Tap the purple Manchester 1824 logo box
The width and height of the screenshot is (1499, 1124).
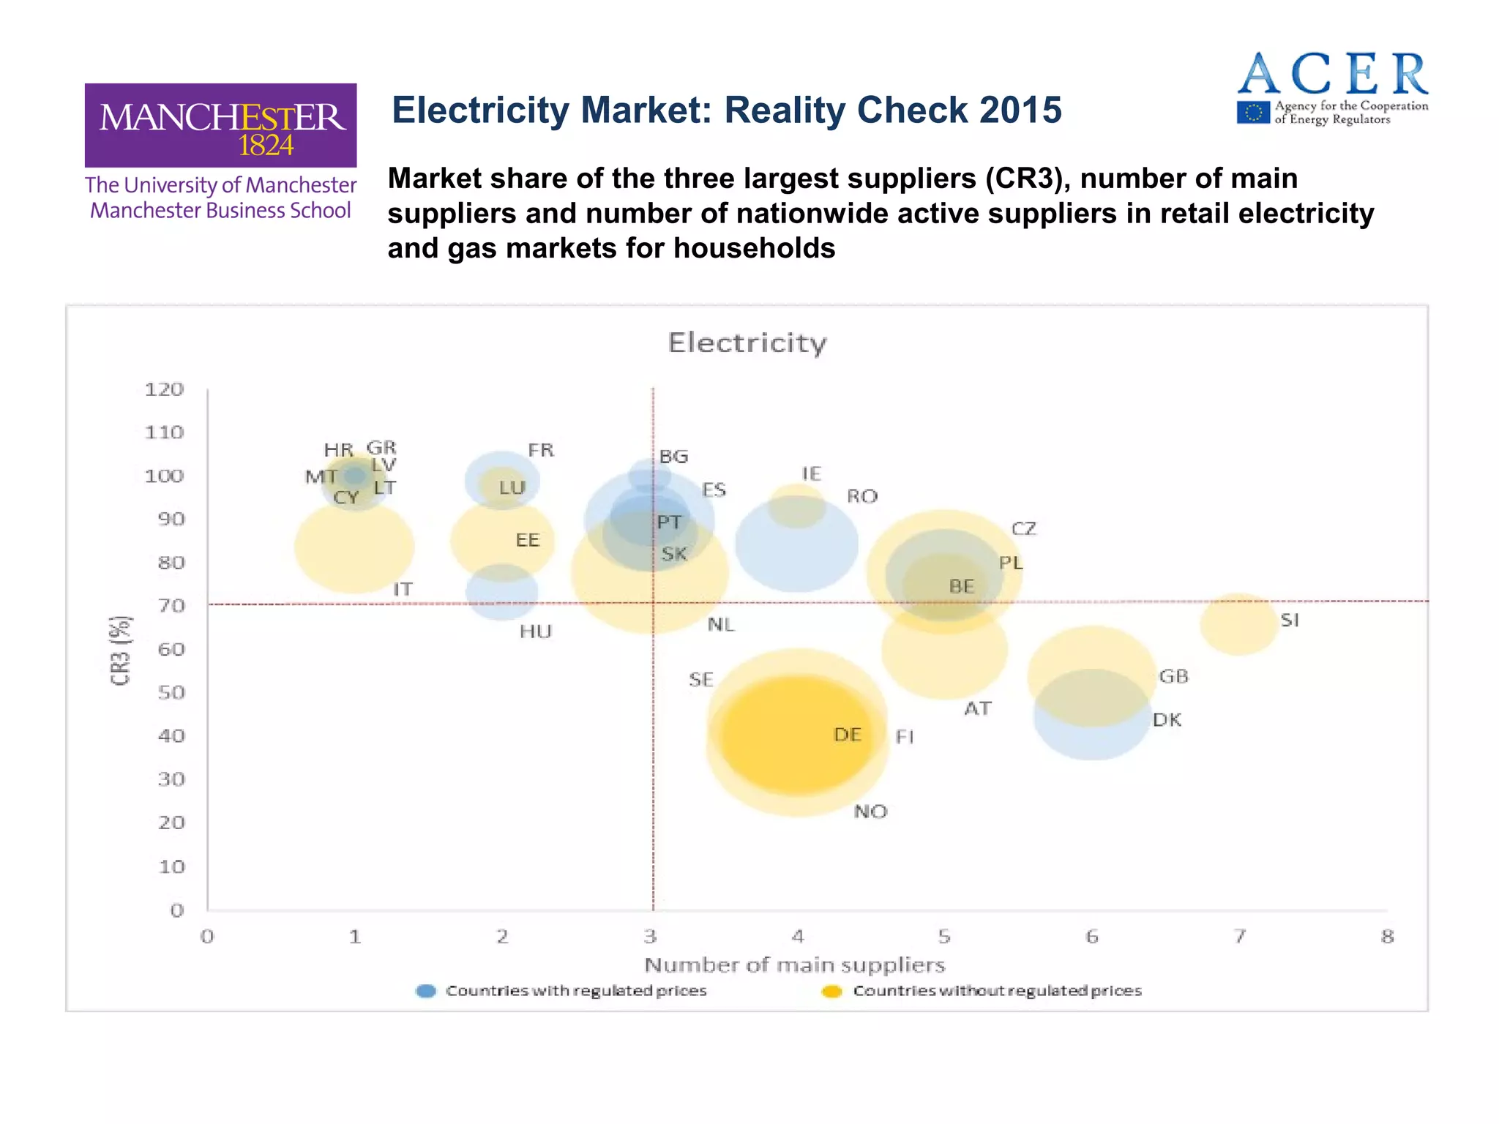[220, 125]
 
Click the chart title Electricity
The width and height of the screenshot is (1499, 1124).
[747, 342]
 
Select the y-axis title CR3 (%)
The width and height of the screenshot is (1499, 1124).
[120, 650]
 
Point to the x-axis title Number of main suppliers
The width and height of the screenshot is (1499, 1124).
[794, 965]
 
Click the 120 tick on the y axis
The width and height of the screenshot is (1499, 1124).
[164, 389]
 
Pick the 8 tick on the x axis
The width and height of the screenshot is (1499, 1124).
[1387, 937]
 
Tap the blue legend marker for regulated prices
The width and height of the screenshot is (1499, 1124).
[426, 991]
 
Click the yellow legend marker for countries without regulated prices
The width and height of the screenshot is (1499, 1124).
[832, 991]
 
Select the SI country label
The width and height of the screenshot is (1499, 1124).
[1290, 621]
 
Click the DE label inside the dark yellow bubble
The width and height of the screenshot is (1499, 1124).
[847, 735]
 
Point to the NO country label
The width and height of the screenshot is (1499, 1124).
[870, 812]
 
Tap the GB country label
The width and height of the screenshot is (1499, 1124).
[1173, 676]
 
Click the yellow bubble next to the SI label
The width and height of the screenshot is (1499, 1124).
[1238, 624]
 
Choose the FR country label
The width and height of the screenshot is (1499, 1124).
[541, 450]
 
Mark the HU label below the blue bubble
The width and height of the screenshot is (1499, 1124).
[535, 632]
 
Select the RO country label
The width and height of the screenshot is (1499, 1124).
[861, 496]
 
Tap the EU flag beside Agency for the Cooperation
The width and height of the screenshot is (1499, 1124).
[1253, 113]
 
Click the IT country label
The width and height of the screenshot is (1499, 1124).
[403, 589]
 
